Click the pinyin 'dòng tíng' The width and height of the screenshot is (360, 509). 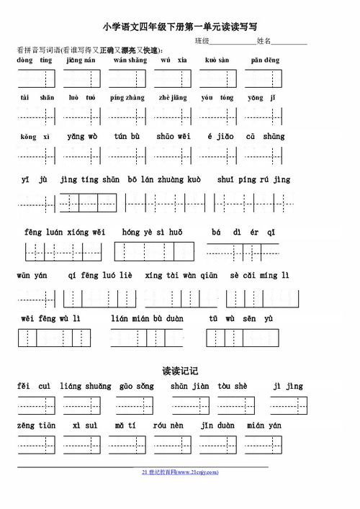pos(35,60)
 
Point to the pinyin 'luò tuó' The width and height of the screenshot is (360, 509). pos(78,97)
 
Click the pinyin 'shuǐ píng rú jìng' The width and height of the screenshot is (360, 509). pos(263,180)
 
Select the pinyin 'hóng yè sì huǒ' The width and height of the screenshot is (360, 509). pos(153,232)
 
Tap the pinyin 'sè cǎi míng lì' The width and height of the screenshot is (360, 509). pos(259,275)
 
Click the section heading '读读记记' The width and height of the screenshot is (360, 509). pos(179,371)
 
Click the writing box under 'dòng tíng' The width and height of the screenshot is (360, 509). pos(36,78)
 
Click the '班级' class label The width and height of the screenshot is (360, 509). pos(202,42)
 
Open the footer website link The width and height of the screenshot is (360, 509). pos(179,472)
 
